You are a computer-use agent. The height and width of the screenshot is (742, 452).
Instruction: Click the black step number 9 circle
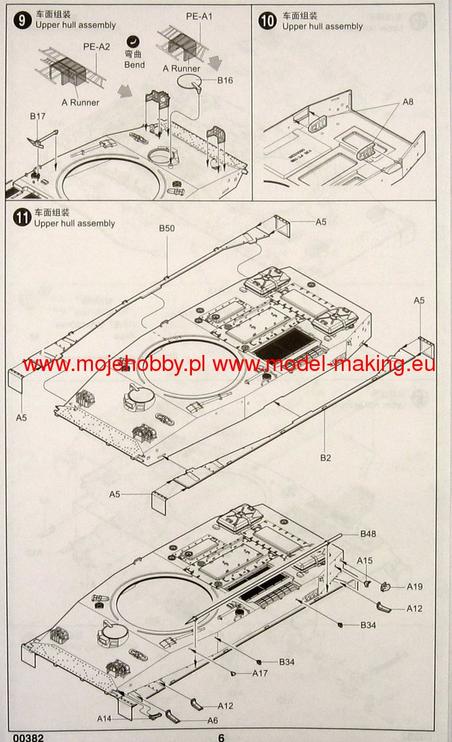[22, 20]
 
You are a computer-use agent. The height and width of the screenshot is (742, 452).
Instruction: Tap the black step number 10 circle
[267, 21]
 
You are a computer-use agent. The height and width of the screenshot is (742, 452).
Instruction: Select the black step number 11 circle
[22, 218]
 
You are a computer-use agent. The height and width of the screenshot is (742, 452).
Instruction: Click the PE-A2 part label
[97, 47]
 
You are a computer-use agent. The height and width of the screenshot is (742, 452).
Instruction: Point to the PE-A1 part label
[199, 16]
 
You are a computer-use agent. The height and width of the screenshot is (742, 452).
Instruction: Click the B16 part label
[225, 80]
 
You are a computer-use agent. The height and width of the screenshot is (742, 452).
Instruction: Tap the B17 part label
[38, 116]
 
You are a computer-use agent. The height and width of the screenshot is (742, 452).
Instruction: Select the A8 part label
[408, 101]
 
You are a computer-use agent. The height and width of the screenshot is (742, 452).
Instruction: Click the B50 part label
[167, 228]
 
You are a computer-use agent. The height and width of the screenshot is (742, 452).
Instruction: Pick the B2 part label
[325, 458]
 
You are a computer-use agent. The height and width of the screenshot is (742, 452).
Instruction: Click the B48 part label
[368, 534]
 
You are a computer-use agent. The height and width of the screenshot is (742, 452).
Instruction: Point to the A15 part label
[365, 560]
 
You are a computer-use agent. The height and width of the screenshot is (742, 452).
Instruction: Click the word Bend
[134, 64]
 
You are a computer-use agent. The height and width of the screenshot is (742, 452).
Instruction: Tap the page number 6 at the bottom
[221, 737]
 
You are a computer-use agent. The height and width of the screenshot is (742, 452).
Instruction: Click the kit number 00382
[28, 738]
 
